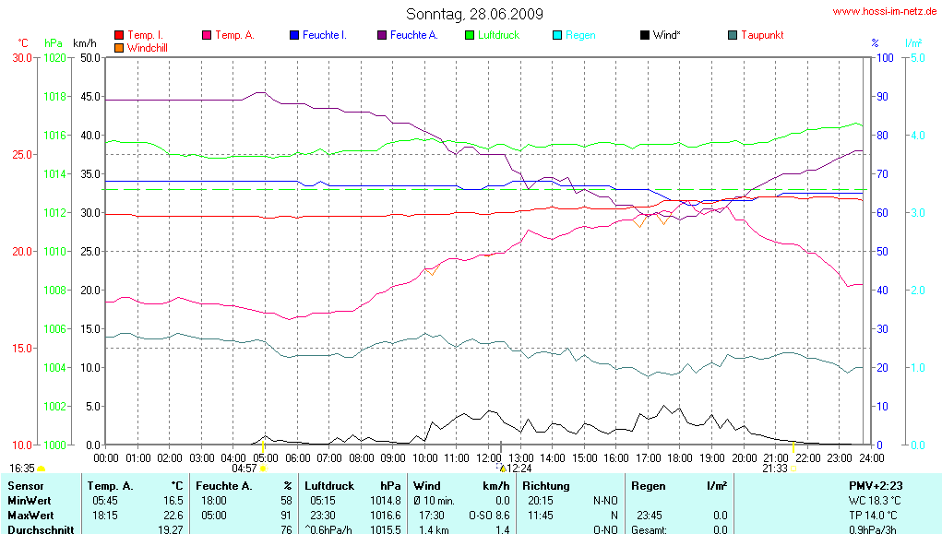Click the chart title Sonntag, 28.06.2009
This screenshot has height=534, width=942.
[x=474, y=14]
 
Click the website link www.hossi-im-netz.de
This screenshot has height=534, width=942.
[x=884, y=12]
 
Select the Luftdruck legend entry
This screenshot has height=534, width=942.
[x=498, y=35]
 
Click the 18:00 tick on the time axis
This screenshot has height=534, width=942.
[x=680, y=457]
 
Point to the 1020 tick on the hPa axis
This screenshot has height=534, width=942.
[x=55, y=57]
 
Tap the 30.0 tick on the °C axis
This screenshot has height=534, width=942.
[x=21, y=57]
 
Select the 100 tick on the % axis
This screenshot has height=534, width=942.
[x=883, y=57]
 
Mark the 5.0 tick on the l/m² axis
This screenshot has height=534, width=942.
[x=917, y=57]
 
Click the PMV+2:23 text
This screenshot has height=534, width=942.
[x=876, y=485]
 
